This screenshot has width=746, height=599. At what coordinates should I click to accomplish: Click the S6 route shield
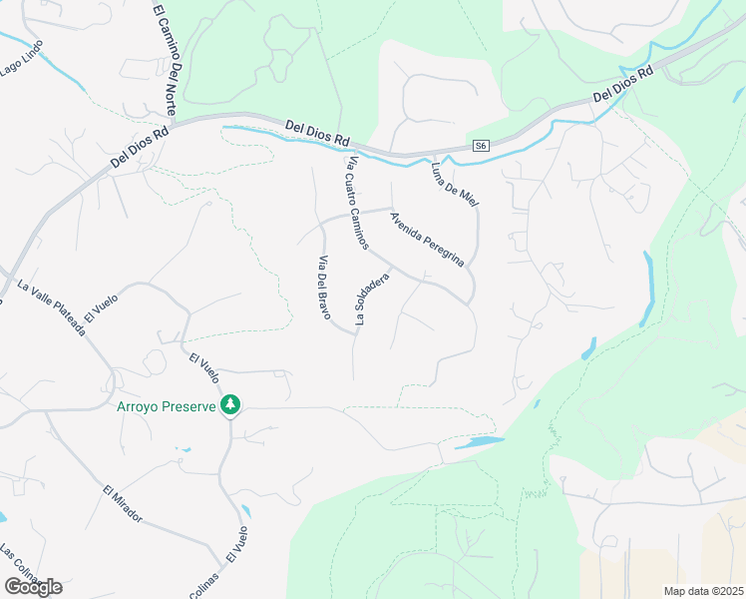481,146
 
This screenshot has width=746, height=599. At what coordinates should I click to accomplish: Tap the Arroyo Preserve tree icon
230,404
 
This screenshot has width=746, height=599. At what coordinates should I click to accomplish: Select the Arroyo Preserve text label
167,406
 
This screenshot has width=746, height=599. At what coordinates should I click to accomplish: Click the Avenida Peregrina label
428,239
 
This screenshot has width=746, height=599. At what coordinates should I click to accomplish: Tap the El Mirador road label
123,504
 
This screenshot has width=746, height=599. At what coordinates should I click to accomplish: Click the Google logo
33,587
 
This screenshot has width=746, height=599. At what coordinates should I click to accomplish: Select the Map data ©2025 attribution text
703,591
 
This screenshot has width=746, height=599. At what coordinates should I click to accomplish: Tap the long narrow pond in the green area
648,289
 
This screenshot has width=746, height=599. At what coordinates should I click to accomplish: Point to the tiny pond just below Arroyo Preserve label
186,450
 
